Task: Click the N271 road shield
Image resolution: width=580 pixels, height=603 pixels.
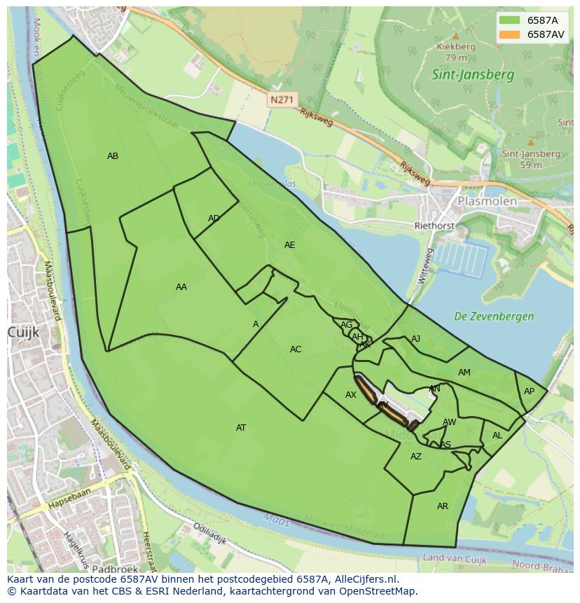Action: click(282, 100)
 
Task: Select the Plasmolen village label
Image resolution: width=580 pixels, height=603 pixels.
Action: click(487, 201)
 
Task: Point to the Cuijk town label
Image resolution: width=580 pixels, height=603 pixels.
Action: click(22, 332)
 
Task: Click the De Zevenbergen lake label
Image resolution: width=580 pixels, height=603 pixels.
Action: click(494, 316)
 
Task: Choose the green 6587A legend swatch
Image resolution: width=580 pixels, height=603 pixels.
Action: click(509, 20)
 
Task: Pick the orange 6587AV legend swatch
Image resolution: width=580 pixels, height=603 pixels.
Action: click(509, 34)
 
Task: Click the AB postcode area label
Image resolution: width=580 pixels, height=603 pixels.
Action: click(113, 156)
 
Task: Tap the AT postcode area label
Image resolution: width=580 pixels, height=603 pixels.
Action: click(241, 427)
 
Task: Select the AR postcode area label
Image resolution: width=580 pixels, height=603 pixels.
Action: click(443, 506)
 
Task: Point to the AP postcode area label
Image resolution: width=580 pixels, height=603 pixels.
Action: click(529, 391)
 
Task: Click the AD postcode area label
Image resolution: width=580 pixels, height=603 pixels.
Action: click(214, 219)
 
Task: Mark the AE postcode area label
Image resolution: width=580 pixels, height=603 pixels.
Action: click(289, 245)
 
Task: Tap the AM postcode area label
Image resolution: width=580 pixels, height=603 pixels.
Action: click(464, 373)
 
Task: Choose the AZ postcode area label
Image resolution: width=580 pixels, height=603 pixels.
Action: click(416, 457)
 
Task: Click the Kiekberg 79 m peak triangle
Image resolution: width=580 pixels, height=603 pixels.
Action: click(456, 35)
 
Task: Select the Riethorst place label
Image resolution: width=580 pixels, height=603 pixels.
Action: click(434, 226)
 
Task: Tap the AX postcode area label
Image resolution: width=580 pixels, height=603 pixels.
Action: click(351, 395)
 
